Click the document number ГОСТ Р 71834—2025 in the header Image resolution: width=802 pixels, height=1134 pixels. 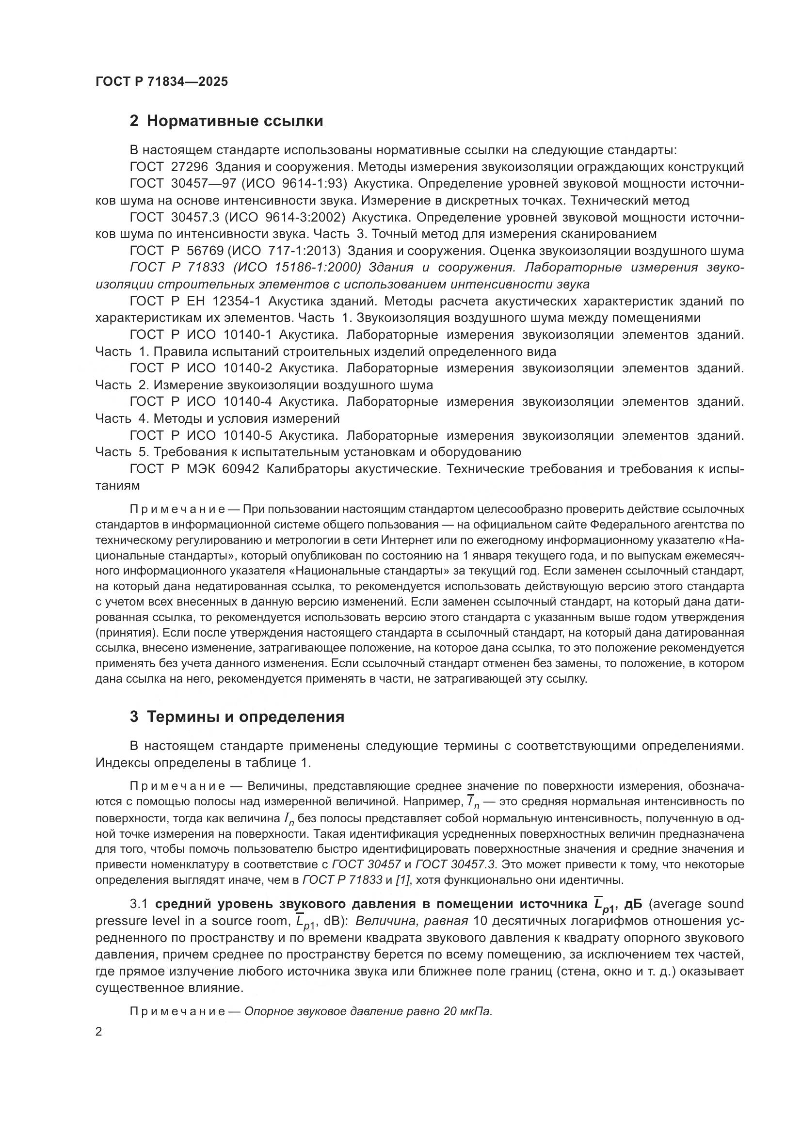point(161,82)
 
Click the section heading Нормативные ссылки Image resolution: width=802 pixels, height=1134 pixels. point(235,121)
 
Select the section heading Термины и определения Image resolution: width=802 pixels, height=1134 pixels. point(245,717)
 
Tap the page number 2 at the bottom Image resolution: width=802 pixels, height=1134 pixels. point(99,1032)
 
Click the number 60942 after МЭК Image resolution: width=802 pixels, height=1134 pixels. point(241,469)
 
